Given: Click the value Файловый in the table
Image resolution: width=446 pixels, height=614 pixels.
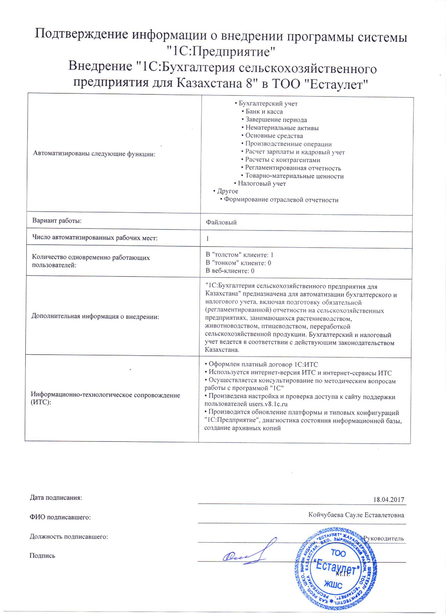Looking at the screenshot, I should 221,222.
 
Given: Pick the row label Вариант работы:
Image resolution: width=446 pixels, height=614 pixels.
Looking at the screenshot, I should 57,220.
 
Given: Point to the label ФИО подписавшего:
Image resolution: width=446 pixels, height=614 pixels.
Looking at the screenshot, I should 60,517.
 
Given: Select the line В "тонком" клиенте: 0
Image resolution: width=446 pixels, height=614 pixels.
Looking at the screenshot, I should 238,263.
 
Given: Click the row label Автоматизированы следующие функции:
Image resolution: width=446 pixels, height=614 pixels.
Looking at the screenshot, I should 94,154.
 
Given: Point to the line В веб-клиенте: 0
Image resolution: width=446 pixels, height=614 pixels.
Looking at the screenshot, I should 230,271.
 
